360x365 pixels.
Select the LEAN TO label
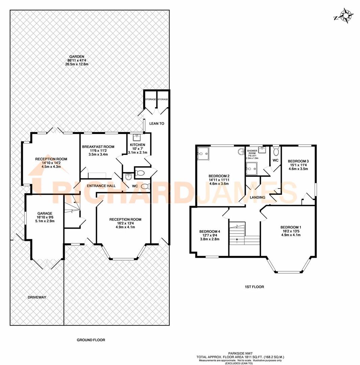[x=157, y=124]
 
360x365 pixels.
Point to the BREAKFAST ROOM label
[x=98, y=147]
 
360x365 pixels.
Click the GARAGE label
[x=45, y=213]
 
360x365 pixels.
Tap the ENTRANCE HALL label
[x=101, y=186]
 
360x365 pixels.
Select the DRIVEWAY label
[x=37, y=297]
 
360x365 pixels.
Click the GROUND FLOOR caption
[x=89, y=340]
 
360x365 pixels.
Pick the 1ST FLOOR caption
[x=254, y=287]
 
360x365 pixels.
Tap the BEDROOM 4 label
[x=210, y=232]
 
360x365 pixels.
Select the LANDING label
[x=258, y=197]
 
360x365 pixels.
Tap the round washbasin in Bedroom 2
[x=241, y=152]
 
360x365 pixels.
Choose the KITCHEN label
[x=138, y=145]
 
